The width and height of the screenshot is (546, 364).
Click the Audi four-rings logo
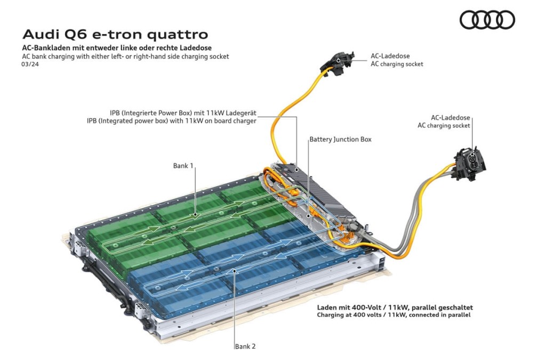(x=487, y=20)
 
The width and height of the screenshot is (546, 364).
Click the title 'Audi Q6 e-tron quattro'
(x=115, y=35)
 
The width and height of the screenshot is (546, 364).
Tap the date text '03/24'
(x=30, y=64)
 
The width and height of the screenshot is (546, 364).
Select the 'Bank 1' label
(x=183, y=166)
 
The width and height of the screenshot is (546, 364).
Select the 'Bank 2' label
(x=245, y=346)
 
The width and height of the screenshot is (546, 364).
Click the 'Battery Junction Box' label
(x=341, y=139)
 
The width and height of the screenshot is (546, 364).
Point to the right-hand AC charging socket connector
(x=470, y=164)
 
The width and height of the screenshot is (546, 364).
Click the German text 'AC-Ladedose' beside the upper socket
(x=390, y=55)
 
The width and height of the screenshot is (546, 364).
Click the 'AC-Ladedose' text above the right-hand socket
(x=450, y=118)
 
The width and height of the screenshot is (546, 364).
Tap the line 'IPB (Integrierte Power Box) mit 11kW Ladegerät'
(x=183, y=113)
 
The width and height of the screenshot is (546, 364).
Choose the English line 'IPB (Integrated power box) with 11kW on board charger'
(x=172, y=121)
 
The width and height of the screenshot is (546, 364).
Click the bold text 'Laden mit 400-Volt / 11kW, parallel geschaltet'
(x=395, y=308)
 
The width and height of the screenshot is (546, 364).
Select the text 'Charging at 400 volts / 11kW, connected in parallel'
(x=394, y=315)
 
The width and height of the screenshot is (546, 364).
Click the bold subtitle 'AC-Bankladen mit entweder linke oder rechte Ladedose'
(x=117, y=47)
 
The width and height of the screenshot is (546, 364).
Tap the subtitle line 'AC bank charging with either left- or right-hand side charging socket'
(x=125, y=56)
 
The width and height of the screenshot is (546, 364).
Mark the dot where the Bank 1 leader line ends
(x=195, y=215)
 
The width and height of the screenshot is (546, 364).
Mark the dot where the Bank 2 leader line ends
(x=235, y=270)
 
